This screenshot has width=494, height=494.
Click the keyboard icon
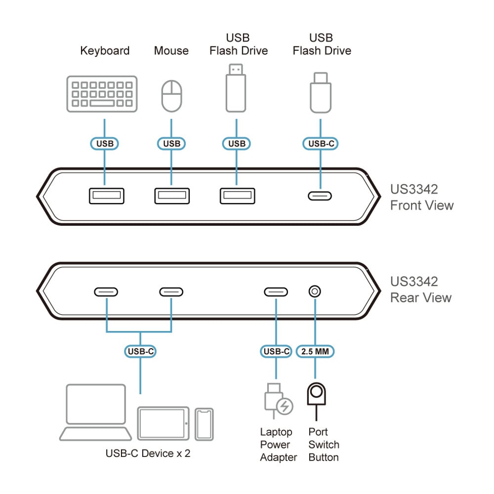coord(102,94)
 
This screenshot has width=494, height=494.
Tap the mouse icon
coord(172,95)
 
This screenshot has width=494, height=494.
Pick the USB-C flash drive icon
coord(321,92)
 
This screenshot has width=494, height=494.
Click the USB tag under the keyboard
coord(104,143)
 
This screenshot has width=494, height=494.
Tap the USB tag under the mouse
coord(171,143)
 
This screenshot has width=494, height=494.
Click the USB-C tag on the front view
coord(320,143)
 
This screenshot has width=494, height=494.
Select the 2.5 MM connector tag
coord(316,351)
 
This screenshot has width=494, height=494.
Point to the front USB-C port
coord(320,196)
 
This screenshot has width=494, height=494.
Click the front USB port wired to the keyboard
coord(106,196)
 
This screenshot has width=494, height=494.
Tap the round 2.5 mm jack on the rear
coord(314,291)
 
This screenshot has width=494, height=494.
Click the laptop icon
coord(96,412)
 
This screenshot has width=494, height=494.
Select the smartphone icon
coord(204,424)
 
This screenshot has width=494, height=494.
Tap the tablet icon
coord(163,423)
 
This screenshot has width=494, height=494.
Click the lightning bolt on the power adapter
coord(285,407)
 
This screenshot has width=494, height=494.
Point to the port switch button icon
coord(316,396)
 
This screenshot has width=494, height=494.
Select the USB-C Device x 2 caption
coord(148,453)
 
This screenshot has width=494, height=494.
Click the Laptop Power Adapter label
coord(279,445)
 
